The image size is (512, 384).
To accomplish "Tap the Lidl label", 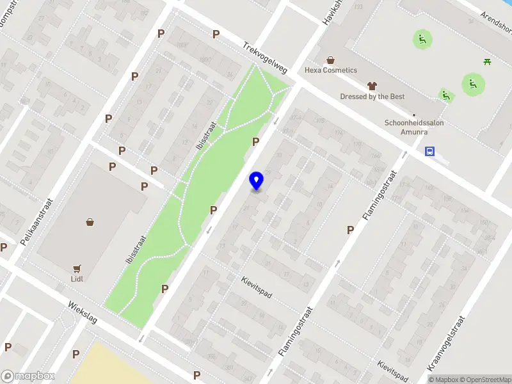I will pos(77,278).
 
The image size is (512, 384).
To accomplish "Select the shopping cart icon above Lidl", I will pos(77,269).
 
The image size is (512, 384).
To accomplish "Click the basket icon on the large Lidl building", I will pos(90,222).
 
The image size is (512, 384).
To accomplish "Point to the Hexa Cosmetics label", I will pos(331,70).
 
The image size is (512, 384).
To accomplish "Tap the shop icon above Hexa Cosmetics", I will pos(330,60).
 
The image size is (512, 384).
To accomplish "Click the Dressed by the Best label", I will pos(372,97).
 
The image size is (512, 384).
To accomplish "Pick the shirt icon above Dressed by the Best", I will pos(371,86).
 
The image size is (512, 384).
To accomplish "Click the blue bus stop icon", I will pos(430,152).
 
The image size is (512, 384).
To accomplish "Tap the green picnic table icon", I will pos(487,61).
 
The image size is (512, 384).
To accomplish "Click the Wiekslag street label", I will pos(82,313).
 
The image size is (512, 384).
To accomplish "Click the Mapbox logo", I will pos(28,376).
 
